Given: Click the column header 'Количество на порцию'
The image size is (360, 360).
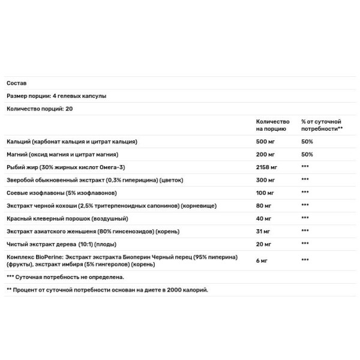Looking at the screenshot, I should (x=272, y=125).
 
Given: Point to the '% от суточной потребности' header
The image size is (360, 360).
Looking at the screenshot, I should (x=322, y=125).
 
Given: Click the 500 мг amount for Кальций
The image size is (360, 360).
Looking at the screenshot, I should (x=266, y=142).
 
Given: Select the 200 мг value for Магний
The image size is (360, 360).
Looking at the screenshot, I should (x=266, y=154).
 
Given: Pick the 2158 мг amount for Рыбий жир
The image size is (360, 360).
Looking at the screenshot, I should (x=268, y=167).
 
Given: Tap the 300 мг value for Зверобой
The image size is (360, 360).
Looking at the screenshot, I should (x=266, y=179).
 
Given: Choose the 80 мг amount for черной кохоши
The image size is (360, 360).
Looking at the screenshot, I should (x=264, y=205).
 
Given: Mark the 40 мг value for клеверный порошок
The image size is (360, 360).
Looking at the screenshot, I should (x=264, y=218).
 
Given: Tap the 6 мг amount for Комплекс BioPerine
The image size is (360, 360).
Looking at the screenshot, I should (x=262, y=260).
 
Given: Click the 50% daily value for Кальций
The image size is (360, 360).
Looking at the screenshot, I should (x=307, y=142).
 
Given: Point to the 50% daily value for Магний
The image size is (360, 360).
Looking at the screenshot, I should (x=307, y=154).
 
